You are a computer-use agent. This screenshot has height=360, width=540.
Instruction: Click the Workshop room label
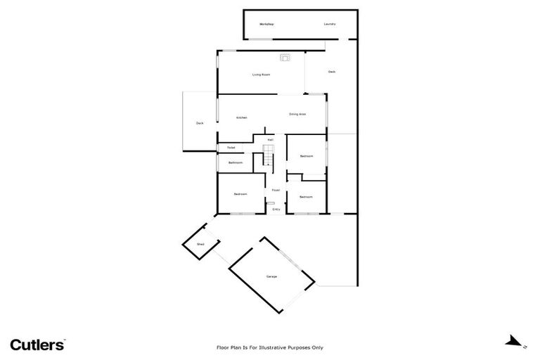[266, 25]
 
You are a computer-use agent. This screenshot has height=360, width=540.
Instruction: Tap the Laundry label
[330, 25]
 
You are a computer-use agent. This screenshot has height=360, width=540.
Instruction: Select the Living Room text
[262, 75]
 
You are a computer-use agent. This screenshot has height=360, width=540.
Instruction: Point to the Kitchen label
[241, 117]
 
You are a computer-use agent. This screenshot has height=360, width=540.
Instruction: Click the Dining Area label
[297, 114]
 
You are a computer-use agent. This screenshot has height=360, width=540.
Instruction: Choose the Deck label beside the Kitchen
[200, 124]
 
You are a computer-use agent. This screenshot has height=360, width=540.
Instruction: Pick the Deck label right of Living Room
[331, 72]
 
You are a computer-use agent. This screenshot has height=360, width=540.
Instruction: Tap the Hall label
[270, 140]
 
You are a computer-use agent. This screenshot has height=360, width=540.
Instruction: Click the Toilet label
[231, 148]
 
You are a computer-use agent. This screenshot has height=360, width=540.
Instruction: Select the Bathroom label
[236, 163]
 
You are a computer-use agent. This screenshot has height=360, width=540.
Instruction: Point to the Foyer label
[276, 190]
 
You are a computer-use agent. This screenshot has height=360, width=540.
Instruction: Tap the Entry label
[276, 209]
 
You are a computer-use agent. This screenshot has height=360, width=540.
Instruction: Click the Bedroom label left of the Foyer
[240, 194]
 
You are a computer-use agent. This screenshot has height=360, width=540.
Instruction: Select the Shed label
[200, 244]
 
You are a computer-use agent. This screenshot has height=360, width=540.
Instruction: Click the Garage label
[271, 276]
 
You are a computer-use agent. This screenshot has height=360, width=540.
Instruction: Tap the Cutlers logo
[38, 345]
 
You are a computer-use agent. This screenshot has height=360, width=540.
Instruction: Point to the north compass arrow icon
[515, 342]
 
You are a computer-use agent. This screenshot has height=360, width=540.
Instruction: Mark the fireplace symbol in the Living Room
[285, 58]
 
